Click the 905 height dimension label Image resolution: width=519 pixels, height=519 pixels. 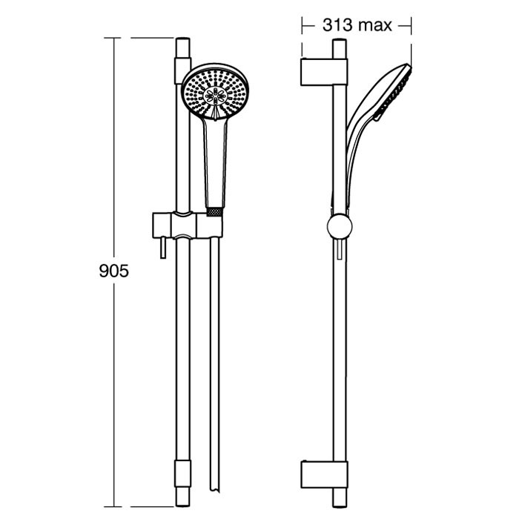(114, 271)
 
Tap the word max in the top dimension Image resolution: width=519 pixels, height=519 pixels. (374, 25)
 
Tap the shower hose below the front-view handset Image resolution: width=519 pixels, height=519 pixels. (215, 371)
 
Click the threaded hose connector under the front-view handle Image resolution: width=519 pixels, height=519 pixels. (215, 211)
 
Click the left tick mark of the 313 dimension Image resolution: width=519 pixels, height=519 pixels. (303, 25)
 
